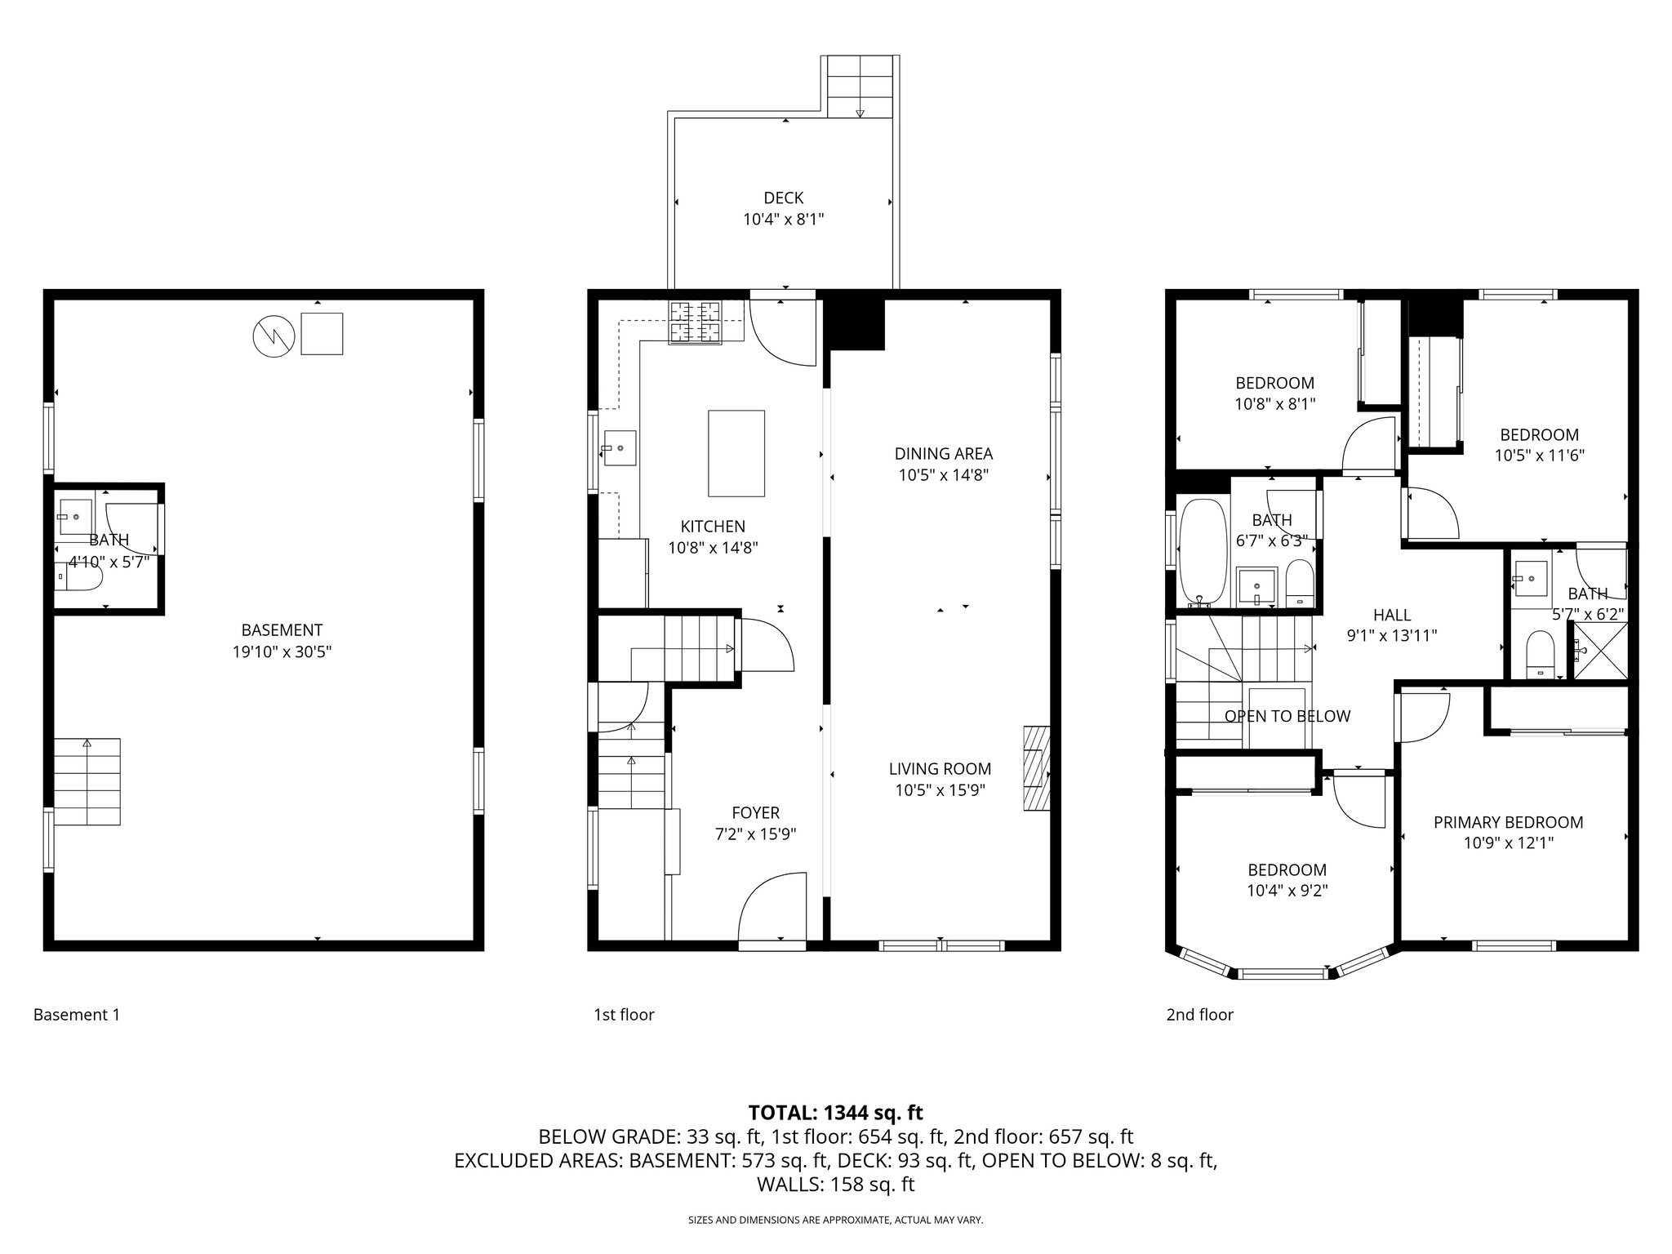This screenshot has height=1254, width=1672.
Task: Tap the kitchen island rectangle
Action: pyautogui.click(x=736, y=453)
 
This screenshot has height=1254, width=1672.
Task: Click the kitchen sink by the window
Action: pyautogui.click(x=620, y=448)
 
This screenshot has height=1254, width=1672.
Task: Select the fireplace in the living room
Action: pyautogui.click(x=1036, y=768)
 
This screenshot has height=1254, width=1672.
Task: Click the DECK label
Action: pyautogui.click(x=783, y=198)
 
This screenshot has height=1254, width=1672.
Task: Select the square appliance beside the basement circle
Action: pyautogui.click(x=322, y=333)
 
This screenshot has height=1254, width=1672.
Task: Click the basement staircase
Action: pyautogui.click(x=87, y=781)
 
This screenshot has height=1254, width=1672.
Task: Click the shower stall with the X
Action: pyautogui.click(x=1599, y=651)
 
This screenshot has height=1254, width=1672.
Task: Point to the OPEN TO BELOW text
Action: pyautogui.click(x=1287, y=716)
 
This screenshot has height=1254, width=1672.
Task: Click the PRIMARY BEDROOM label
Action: pyautogui.click(x=1508, y=822)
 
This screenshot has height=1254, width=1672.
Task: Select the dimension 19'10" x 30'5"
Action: pyautogui.click(x=282, y=651)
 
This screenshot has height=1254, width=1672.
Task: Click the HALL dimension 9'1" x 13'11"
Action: pyautogui.click(x=1391, y=635)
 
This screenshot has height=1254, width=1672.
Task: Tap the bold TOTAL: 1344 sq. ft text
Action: pyautogui.click(x=835, y=1112)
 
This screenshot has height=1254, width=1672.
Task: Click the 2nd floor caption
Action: pyautogui.click(x=1199, y=1015)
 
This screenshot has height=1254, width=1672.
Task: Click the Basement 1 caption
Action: pyautogui.click(x=77, y=1015)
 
